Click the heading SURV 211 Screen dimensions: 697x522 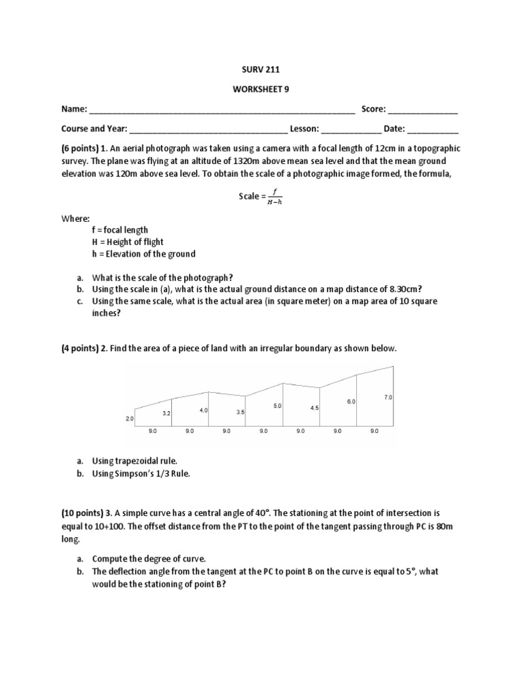click(x=260, y=69)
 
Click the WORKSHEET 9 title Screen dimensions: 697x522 click(x=260, y=89)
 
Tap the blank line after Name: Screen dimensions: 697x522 click(x=222, y=110)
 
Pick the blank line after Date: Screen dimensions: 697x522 click(x=433, y=129)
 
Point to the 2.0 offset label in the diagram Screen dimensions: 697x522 click(x=130, y=419)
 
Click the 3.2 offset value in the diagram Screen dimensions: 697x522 click(x=167, y=413)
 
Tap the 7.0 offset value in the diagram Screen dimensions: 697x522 click(x=388, y=396)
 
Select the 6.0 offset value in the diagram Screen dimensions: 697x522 click(x=351, y=402)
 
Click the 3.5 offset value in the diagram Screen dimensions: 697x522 click(x=240, y=412)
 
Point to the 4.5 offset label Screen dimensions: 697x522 click(x=314, y=408)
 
